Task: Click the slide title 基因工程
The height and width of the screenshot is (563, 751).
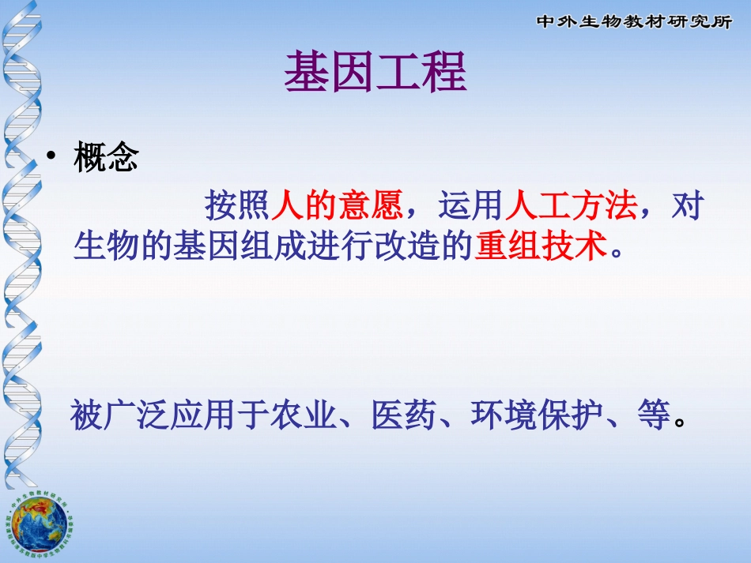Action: (375, 73)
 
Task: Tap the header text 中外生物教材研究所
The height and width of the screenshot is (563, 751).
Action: (634, 21)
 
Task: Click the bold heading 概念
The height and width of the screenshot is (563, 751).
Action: (106, 159)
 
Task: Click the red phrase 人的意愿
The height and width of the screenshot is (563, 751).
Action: (338, 206)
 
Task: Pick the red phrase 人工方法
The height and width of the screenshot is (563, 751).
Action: (571, 206)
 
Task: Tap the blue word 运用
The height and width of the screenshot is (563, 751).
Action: (471, 206)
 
